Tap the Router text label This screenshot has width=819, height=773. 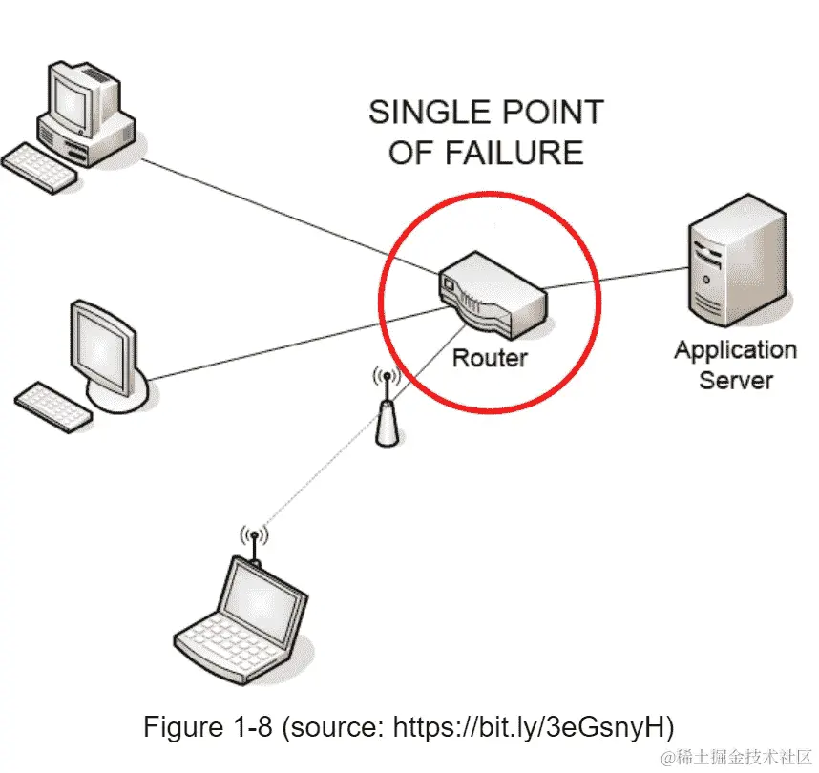tap(489, 359)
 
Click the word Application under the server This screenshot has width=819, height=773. tap(735, 350)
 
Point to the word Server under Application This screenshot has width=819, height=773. tap(735, 380)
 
